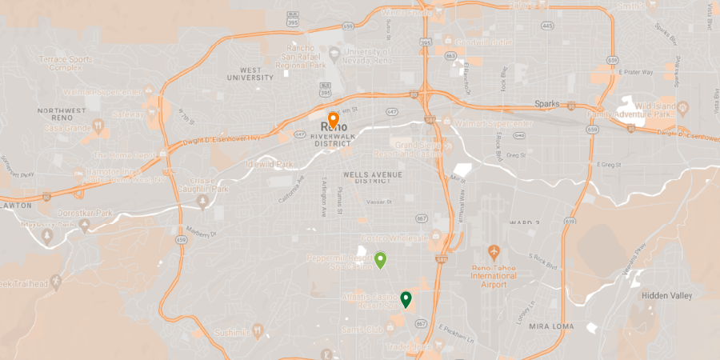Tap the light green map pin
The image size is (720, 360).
click(381, 260)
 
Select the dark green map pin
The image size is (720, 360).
click(406, 300)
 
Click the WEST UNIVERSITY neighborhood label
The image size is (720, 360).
click(250, 73)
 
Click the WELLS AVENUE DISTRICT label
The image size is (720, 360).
click(371, 178)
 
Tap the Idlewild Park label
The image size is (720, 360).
click(271, 164)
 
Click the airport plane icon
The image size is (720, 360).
click(494, 251)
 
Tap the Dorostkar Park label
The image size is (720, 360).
click(86, 214)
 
